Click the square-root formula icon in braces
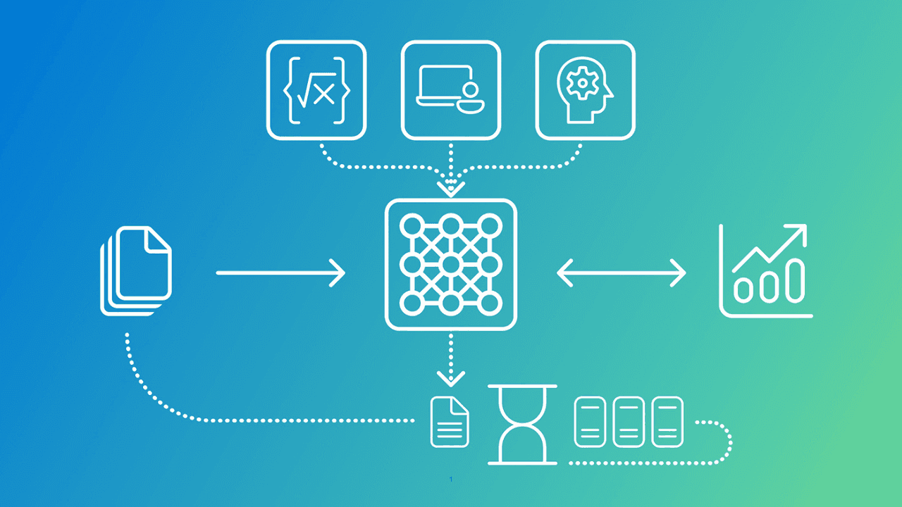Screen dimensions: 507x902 tap(316, 90)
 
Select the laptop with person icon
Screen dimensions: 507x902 tap(451, 90)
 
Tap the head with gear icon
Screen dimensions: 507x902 tap(585, 90)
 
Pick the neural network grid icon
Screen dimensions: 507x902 tap(451, 264)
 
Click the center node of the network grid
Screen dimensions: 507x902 tap(451, 264)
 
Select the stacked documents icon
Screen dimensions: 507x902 tap(136, 270)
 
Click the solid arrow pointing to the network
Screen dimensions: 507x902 tap(280, 272)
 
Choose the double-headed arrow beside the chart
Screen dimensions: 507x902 tap(621, 272)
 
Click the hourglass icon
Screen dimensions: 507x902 tap(522, 425)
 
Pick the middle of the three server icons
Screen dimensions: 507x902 tap(629, 422)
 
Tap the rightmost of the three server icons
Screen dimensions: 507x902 tap(667, 422)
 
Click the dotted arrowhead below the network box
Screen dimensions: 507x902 tap(451, 378)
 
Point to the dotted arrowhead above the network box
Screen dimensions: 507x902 tap(451, 188)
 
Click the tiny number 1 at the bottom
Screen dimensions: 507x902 tap(451, 480)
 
